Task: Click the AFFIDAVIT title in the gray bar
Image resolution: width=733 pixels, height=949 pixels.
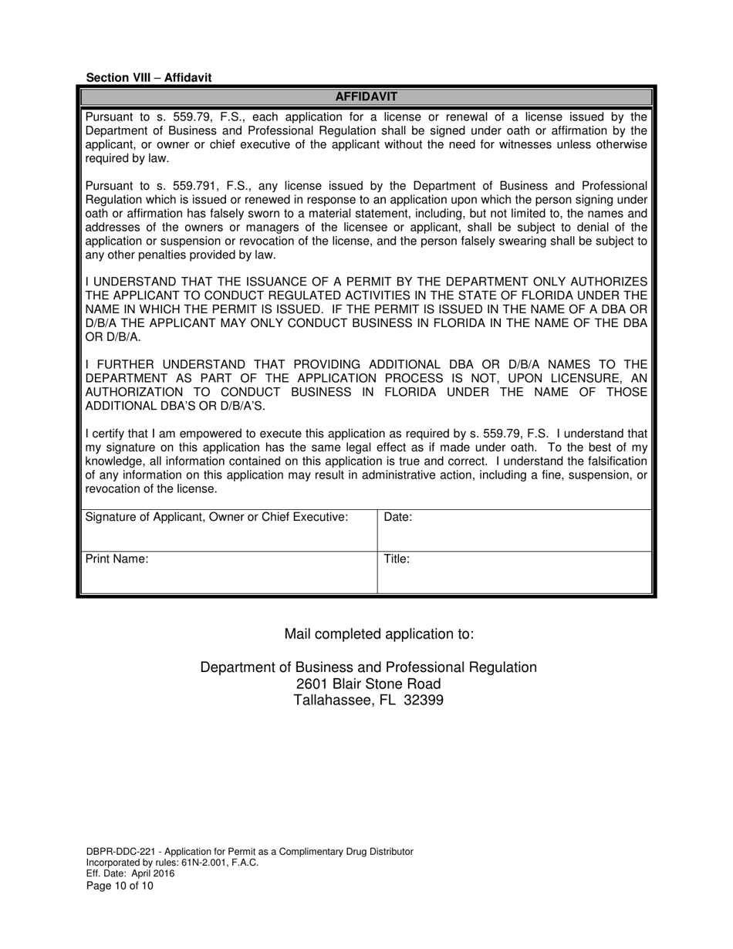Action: point(366,97)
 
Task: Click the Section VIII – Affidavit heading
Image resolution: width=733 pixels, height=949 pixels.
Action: point(149,78)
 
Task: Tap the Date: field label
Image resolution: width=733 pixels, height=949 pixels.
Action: point(397,518)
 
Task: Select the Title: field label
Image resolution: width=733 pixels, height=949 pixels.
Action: point(397,559)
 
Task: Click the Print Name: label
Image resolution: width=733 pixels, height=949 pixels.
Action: point(117,559)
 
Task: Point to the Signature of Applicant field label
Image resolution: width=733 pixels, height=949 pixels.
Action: point(217,518)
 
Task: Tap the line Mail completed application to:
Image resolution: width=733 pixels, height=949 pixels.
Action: point(379,634)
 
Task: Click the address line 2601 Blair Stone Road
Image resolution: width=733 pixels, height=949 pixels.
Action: point(368,684)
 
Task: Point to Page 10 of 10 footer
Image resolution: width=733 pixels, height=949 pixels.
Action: point(120,887)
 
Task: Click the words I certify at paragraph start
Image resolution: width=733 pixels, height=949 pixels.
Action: point(104,434)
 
